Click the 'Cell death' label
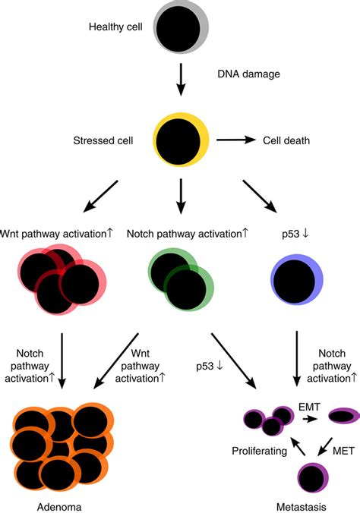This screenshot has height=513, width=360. [x=288, y=140]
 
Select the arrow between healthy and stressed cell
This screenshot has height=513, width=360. [x=180, y=78]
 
